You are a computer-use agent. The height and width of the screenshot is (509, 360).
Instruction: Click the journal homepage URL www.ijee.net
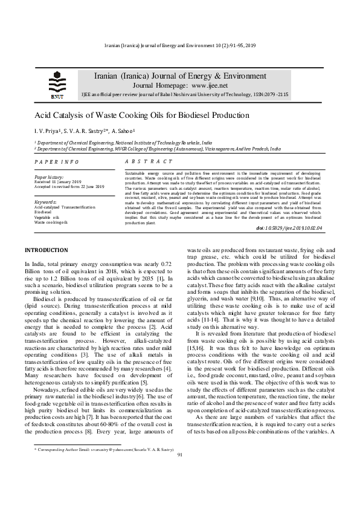point(200,85)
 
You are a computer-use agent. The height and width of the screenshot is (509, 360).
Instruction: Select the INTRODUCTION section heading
point(46,250)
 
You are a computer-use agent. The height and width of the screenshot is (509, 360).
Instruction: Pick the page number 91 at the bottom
point(180,487)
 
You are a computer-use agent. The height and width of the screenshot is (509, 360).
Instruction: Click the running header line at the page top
point(180,46)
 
